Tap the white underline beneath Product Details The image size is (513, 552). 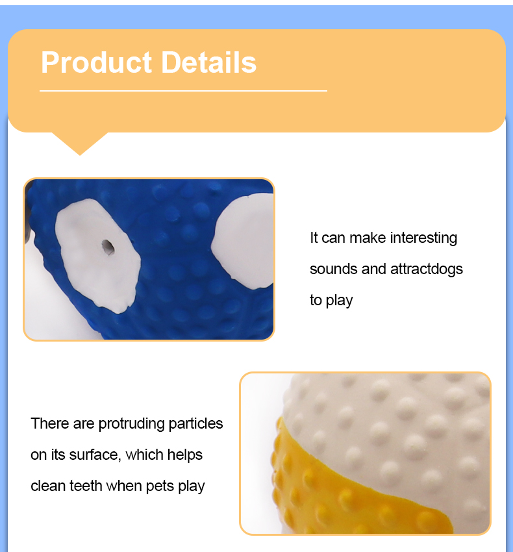click(183, 91)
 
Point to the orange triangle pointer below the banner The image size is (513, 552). click(79, 142)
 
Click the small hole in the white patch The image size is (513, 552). click(108, 247)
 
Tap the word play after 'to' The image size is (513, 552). click(340, 301)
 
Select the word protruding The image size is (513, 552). click(132, 424)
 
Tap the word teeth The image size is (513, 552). click(86, 486)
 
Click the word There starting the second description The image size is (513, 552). click(49, 424)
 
